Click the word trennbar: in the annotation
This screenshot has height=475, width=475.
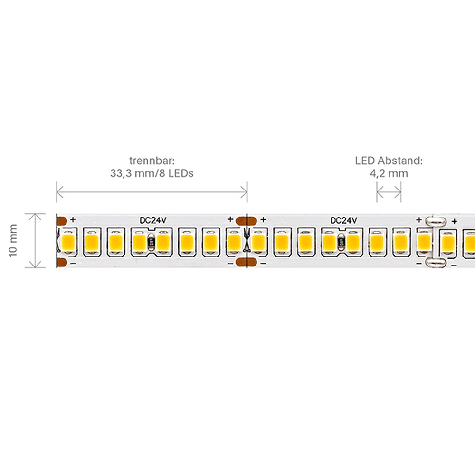click(x=152, y=161)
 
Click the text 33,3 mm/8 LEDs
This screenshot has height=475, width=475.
click(x=152, y=173)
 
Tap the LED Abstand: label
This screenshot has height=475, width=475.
click(x=389, y=161)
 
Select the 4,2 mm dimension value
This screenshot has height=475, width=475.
click(x=389, y=173)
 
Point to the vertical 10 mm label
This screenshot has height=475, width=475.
click(x=13, y=241)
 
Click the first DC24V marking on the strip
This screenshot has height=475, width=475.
click(x=153, y=220)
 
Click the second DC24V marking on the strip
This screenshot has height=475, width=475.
click(x=343, y=220)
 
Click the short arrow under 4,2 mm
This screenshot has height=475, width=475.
click(x=389, y=192)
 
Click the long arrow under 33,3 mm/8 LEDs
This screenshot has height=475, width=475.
click(x=152, y=192)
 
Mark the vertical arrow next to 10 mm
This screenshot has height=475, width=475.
click(x=35, y=240)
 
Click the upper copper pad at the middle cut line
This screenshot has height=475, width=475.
click(x=246, y=221)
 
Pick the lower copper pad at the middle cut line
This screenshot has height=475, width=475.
click(x=246, y=262)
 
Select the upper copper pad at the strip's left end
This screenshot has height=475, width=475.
click(x=62, y=221)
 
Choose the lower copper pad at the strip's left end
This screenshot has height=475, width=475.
click(x=62, y=262)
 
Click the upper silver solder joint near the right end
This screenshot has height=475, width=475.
click(x=436, y=221)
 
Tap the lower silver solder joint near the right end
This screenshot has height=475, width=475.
click(x=436, y=262)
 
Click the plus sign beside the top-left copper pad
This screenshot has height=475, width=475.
click(x=73, y=219)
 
